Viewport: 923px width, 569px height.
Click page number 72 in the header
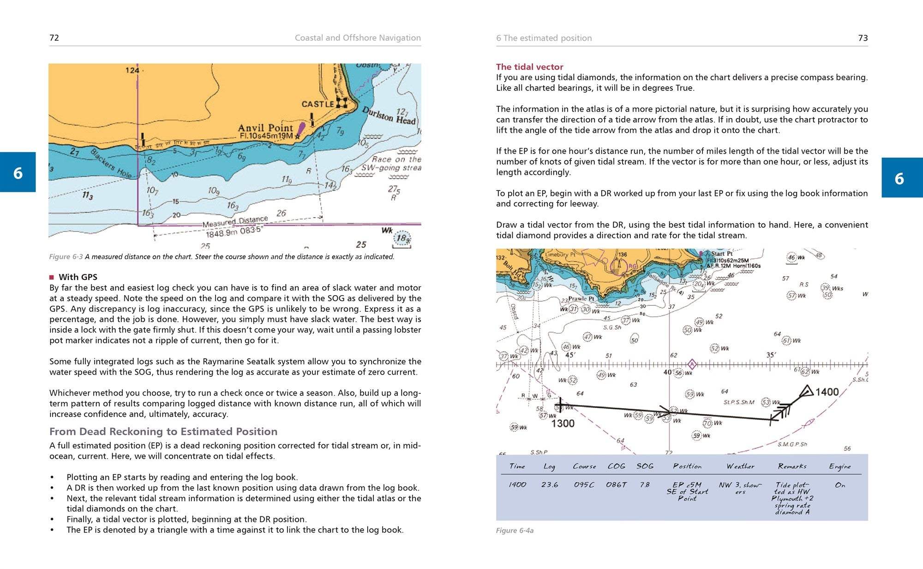pos(54,38)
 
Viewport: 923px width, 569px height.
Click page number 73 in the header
pos(863,38)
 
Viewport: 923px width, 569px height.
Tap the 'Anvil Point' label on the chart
pos(265,128)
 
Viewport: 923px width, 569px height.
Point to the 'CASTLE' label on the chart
pos(317,104)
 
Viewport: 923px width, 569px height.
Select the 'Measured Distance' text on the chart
pos(235,222)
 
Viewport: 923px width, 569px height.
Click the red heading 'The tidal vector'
pos(529,67)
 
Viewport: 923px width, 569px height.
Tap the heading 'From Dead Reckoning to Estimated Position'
pos(163,432)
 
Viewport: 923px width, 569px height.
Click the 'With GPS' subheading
pos(78,277)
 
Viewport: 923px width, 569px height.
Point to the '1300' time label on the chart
pos(563,423)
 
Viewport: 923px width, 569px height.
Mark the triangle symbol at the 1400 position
pos(806,391)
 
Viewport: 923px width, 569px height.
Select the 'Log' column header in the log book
pos(549,466)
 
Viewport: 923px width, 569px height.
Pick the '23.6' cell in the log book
pos(550,485)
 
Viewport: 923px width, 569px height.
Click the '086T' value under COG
pos(616,485)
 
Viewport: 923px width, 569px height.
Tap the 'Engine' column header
pos(839,466)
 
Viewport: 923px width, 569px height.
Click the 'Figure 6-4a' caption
pos(515,531)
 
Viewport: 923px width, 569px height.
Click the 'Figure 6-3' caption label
pos(66,257)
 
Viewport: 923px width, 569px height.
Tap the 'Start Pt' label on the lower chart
pos(721,254)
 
